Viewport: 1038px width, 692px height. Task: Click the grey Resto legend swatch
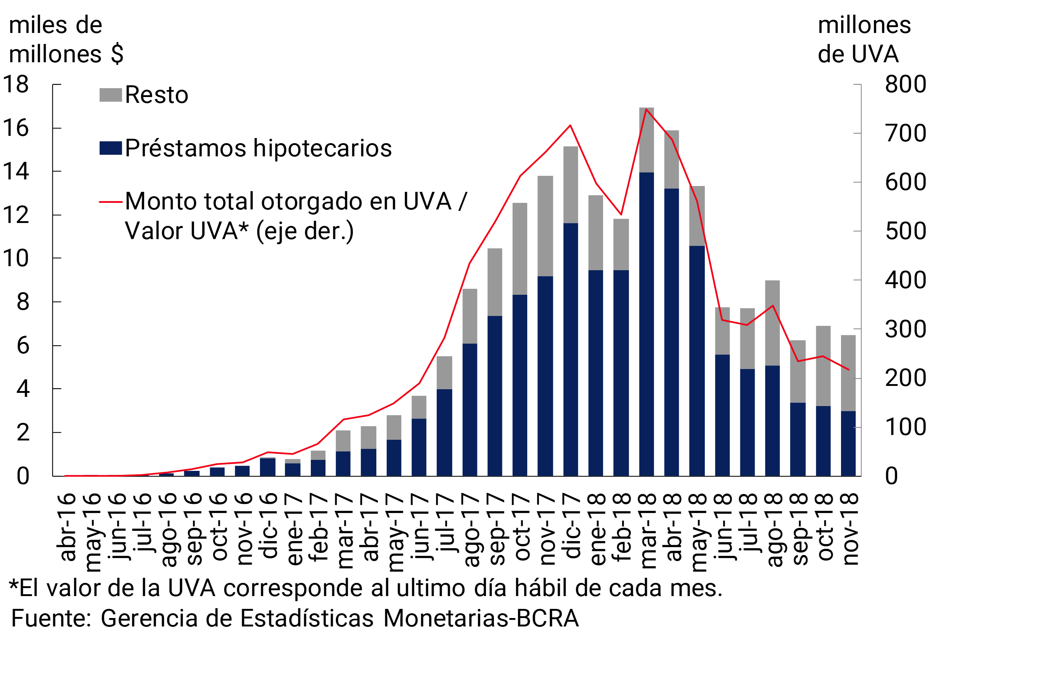[110, 95]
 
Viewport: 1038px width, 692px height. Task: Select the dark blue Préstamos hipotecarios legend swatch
[110, 148]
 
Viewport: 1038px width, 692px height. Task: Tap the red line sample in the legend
[110, 202]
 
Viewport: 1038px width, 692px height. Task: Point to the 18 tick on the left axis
[16, 84]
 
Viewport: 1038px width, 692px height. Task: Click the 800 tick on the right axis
[905, 84]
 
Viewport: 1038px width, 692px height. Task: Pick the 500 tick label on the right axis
[905, 231]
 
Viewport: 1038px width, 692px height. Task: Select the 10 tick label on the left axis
[16, 258]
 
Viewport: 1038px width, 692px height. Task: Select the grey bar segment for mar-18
[647, 140]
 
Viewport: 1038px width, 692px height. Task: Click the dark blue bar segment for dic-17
[571, 349]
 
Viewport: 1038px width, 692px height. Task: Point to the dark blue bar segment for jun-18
[722, 415]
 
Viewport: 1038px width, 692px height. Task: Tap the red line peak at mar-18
[646, 109]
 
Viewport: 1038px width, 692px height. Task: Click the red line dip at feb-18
[621, 214]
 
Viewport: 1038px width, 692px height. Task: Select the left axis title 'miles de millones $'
[66, 40]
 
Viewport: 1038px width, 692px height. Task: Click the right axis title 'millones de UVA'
[864, 40]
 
